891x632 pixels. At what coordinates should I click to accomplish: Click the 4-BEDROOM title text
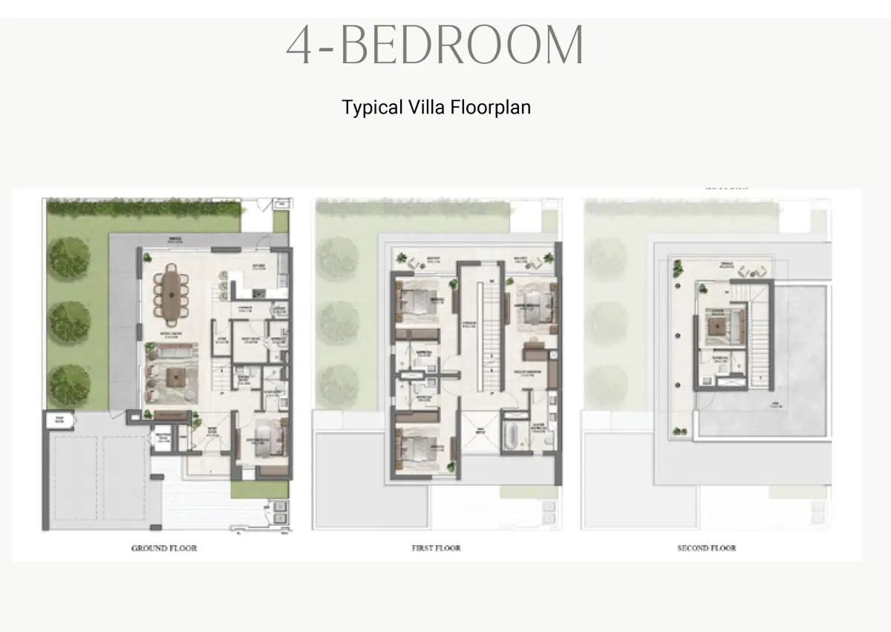pos(435,46)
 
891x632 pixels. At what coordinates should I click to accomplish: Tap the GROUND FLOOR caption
pos(164,548)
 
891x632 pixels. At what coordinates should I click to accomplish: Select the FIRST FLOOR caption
pos(436,548)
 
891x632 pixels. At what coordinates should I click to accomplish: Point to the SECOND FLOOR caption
pos(706,548)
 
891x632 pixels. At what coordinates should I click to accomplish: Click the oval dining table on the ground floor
pos(172,295)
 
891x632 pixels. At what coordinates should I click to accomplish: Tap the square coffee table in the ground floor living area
pos(175,377)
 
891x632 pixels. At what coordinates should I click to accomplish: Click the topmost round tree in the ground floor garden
pos(70,257)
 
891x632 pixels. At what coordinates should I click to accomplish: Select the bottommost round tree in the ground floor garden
pos(70,384)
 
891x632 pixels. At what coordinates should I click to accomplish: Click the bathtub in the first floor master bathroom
pos(514,437)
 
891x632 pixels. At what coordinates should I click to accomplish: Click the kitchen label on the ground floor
pos(258,267)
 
